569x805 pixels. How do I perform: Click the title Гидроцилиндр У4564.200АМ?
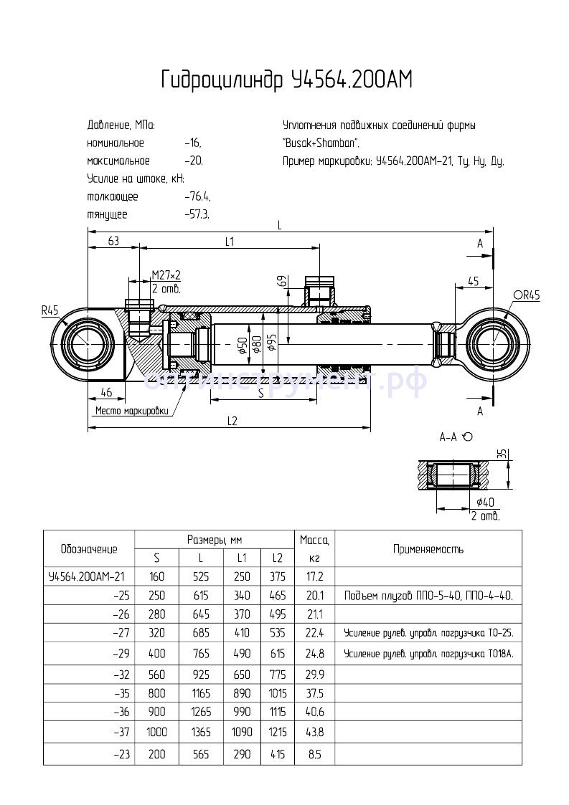287,80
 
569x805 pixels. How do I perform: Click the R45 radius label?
50,311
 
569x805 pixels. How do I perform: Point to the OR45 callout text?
527,295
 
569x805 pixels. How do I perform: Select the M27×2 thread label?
166,275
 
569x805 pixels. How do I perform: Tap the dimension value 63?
113,242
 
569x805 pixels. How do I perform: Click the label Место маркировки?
131,411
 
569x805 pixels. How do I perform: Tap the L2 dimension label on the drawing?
232,421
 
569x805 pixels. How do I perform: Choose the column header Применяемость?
428,550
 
